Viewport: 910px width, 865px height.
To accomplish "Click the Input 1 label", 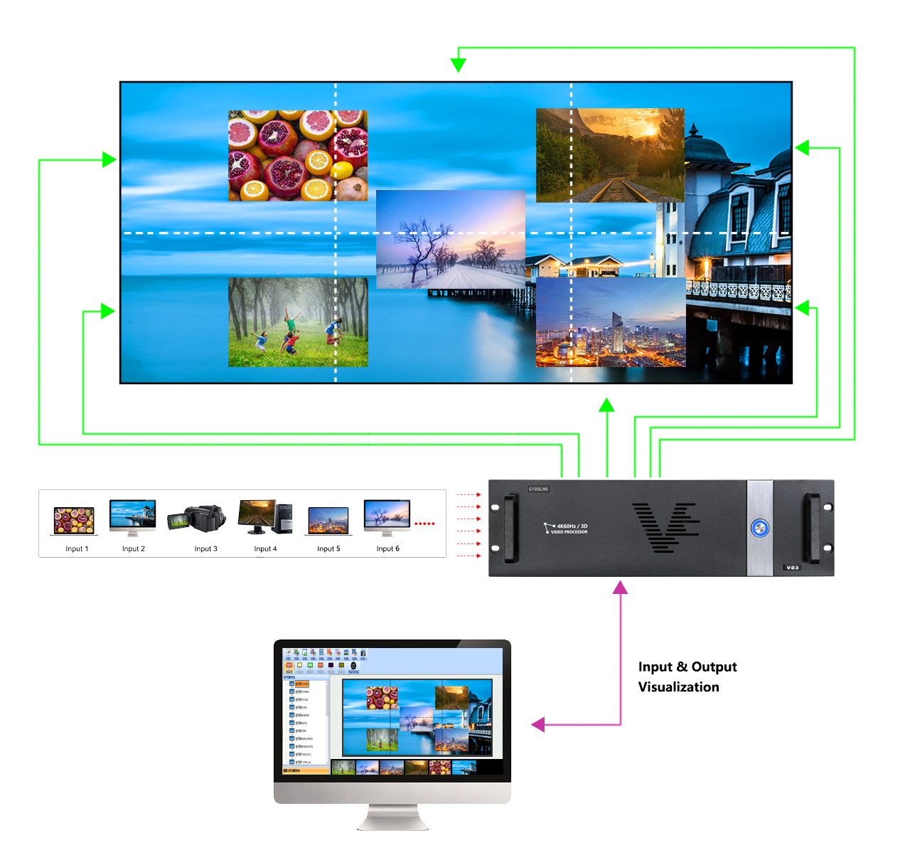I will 77,548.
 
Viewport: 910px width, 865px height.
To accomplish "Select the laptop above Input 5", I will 328,521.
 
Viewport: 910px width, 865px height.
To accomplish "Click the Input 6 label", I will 387,548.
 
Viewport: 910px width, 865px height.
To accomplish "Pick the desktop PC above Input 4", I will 265,516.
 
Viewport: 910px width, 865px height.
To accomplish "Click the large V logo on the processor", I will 665,527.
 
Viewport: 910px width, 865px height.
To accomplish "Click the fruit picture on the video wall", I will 298,156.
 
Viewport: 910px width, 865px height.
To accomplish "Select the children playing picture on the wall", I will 298,322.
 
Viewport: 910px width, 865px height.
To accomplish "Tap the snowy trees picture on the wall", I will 450,239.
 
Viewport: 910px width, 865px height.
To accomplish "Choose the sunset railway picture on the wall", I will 610,155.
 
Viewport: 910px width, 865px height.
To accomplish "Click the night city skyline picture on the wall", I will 611,322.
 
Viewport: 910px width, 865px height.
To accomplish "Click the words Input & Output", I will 687,667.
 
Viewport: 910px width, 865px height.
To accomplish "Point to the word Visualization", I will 678,687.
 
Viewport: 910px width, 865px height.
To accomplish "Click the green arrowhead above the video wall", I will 459,65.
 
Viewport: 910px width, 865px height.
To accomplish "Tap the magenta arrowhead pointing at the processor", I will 621,588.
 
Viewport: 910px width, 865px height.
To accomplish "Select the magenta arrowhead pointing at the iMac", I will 538,725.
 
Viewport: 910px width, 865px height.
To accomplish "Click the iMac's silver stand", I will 392,817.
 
